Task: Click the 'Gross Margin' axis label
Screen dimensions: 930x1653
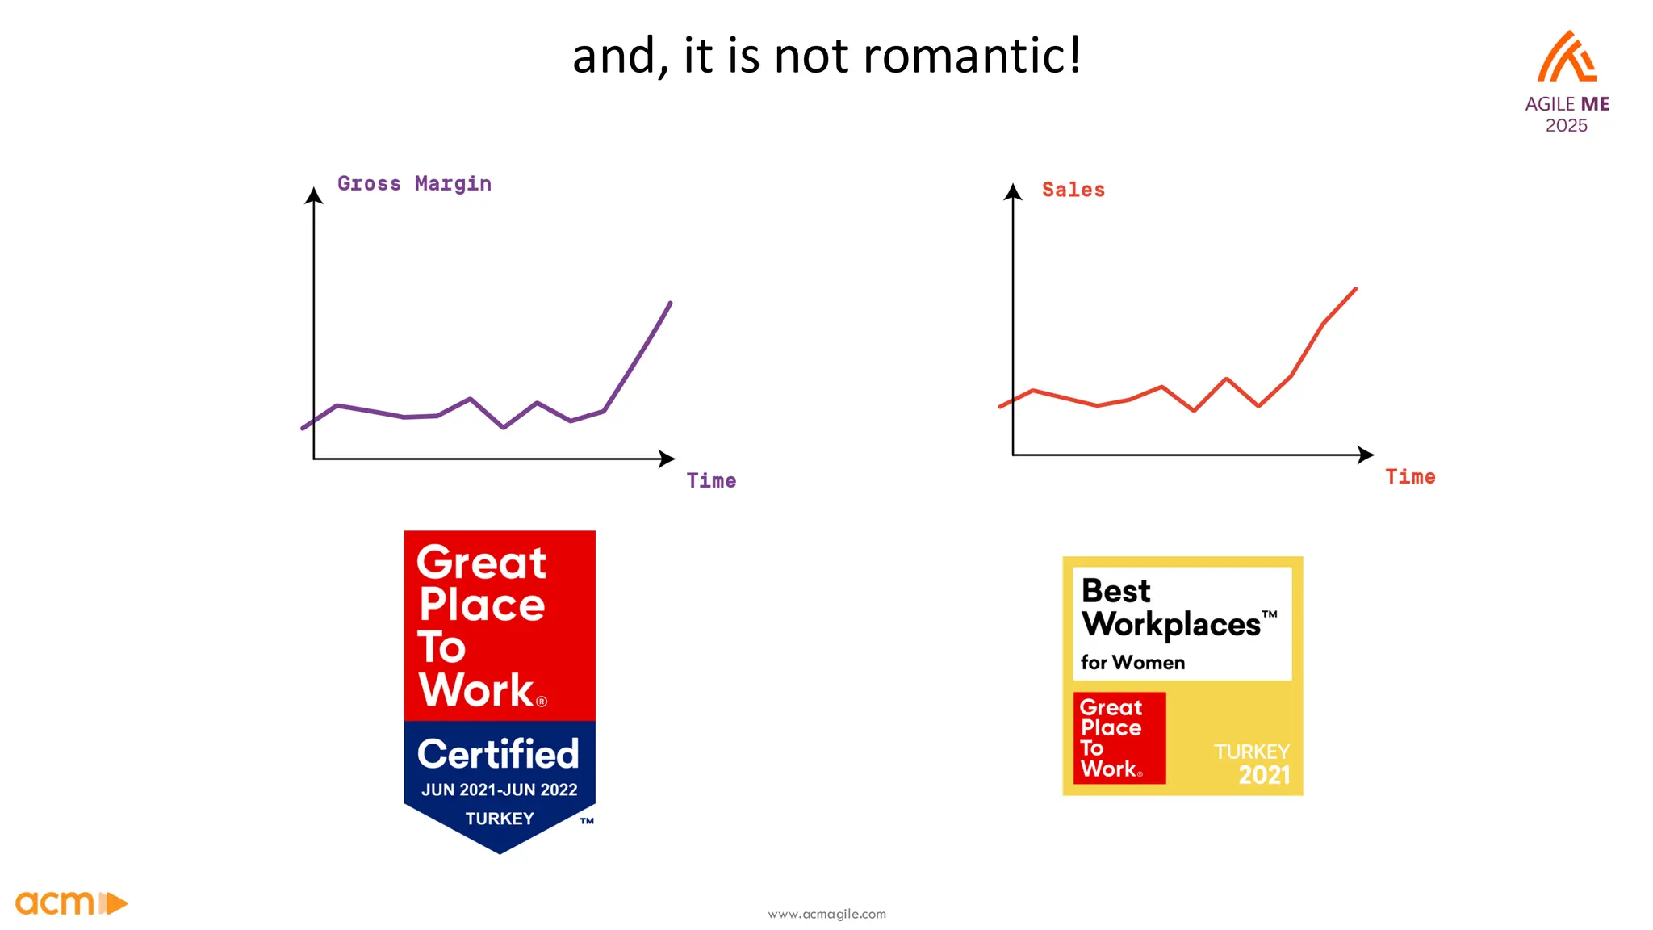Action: (x=414, y=184)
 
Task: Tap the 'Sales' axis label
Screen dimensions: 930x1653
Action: (x=1073, y=191)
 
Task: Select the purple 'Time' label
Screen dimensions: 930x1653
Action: (x=711, y=481)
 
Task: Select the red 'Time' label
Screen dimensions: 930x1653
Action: (x=1410, y=477)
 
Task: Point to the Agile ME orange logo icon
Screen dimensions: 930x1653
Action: (x=1567, y=57)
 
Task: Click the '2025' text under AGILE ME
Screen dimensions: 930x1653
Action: (x=1566, y=126)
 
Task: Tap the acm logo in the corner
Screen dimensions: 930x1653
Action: (x=71, y=903)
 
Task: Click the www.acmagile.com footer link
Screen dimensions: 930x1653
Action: (x=826, y=914)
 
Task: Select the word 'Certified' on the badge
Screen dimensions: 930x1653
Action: (x=498, y=754)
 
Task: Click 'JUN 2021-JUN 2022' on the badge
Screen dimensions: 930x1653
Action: (x=499, y=790)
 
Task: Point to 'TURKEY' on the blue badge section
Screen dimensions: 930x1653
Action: (x=500, y=819)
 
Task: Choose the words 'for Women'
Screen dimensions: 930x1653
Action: (x=1132, y=663)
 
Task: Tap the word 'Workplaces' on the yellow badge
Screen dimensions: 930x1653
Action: (x=1170, y=624)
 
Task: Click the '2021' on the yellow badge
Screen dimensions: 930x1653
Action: (x=1264, y=775)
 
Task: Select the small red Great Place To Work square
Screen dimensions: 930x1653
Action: (x=1119, y=738)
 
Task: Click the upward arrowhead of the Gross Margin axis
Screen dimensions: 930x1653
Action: (x=314, y=195)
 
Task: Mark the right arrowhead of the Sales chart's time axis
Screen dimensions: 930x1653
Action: (x=1366, y=455)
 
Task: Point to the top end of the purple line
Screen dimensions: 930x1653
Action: (x=670, y=304)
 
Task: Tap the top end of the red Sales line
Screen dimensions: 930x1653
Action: (x=1355, y=289)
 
